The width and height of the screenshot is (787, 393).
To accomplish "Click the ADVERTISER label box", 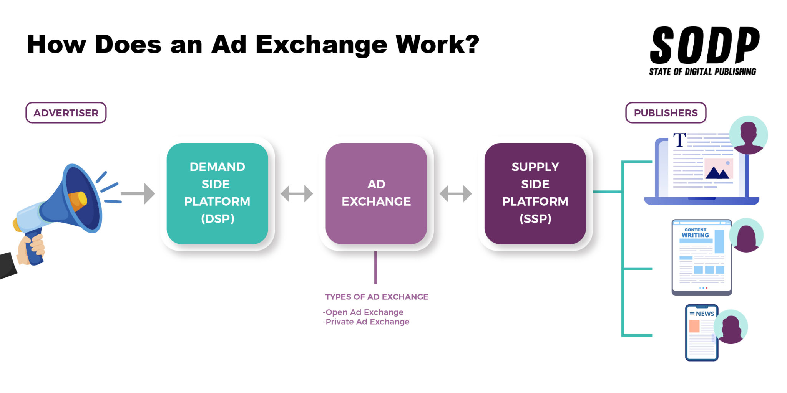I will click(x=66, y=113).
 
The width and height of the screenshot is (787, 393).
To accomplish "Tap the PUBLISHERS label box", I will click(x=666, y=113).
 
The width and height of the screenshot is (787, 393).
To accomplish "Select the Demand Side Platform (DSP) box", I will click(x=217, y=193).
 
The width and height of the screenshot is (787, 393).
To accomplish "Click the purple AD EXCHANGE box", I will click(x=376, y=193).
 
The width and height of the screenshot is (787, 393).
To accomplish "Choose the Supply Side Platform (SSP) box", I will click(x=535, y=193).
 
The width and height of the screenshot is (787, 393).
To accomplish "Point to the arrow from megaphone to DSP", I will click(x=138, y=193).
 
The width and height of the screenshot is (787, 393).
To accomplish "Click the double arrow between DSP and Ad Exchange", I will click(x=297, y=193).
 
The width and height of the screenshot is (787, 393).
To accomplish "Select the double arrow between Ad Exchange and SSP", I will click(x=455, y=193).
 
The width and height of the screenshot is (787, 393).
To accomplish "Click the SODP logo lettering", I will click(x=704, y=45).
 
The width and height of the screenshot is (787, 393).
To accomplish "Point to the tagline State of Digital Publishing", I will click(x=702, y=72).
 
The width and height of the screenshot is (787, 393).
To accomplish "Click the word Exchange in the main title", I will click(x=321, y=45).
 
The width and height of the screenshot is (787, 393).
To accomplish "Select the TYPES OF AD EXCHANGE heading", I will click(x=377, y=297).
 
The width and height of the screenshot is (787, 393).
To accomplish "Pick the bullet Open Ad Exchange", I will click(x=364, y=312).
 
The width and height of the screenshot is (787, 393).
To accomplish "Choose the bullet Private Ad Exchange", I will click(x=366, y=322).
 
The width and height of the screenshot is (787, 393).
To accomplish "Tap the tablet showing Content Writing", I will click(x=701, y=257).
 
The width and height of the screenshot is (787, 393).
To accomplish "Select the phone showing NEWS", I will click(x=701, y=333).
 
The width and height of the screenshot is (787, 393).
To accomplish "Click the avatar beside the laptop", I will click(x=748, y=135).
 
